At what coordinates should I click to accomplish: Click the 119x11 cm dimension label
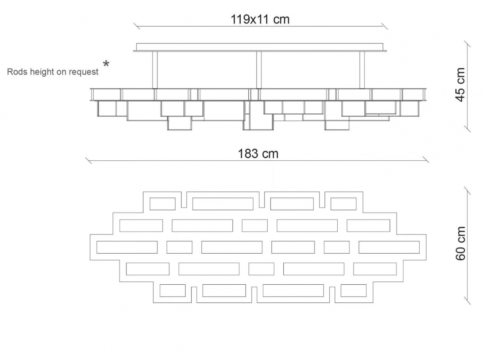tap(260, 19)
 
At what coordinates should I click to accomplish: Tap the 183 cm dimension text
tap(258, 154)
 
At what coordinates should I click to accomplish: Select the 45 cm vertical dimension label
tap(460, 85)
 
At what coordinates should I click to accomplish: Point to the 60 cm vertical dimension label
tap(460, 243)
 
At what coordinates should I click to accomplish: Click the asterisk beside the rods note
tap(106, 64)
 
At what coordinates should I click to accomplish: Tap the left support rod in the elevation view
tap(155, 70)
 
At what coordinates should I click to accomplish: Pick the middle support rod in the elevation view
tap(259, 70)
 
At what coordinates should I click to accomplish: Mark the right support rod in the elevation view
tap(362, 70)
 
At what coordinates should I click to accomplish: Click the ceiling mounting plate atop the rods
tap(260, 47)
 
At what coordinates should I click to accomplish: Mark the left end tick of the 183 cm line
tap(89, 161)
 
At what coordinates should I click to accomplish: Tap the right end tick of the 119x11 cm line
tap(384, 26)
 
